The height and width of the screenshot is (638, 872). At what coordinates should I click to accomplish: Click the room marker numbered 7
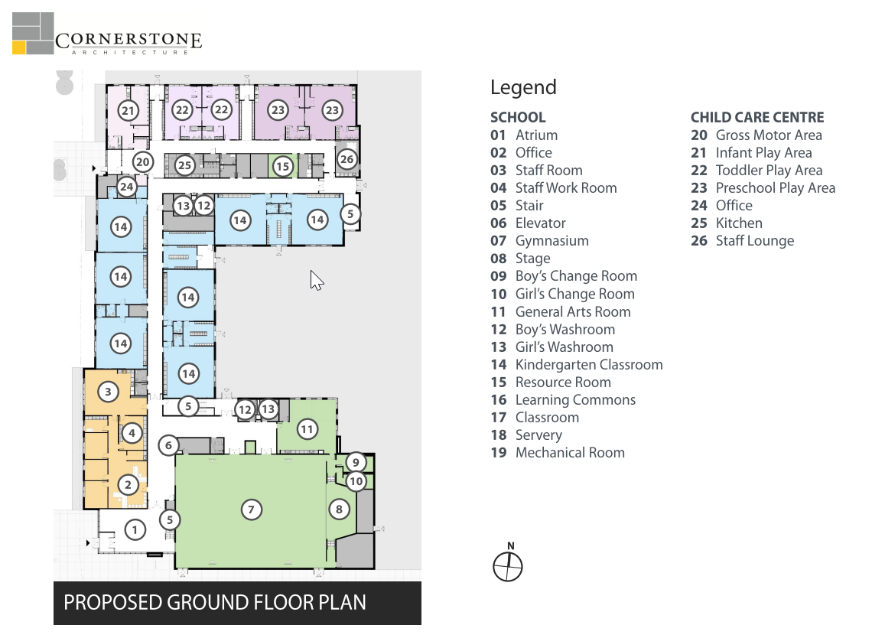tap(252, 509)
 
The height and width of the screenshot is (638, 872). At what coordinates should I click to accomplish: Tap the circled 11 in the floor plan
tap(307, 429)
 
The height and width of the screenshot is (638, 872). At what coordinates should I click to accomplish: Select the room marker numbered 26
tap(347, 159)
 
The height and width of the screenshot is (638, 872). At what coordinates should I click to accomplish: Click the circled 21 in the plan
tap(128, 110)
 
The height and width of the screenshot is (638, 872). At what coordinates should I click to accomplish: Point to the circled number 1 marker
tap(135, 529)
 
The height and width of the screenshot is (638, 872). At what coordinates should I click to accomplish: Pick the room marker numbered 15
tap(282, 166)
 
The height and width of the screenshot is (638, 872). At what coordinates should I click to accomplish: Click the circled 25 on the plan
tap(184, 164)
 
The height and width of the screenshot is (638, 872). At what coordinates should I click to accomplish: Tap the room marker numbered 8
tap(339, 509)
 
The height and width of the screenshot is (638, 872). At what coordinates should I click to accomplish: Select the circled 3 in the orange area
tap(108, 392)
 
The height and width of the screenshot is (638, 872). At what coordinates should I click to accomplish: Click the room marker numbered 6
tap(168, 445)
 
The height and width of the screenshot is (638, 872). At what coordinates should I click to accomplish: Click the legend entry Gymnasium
tap(552, 241)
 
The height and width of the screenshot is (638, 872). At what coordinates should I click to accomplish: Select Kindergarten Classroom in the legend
tap(589, 365)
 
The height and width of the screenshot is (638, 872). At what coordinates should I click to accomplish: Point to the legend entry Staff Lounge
tap(755, 241)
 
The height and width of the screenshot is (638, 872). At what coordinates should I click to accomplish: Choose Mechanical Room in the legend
tap(570, 453)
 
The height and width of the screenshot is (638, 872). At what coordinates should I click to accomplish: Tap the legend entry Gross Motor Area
tap(769, 135)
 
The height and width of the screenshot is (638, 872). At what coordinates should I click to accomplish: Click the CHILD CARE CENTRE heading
tap(757, 117)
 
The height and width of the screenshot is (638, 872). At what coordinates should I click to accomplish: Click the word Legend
tap(523, 87)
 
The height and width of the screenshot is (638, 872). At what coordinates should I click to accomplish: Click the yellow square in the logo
tap(19, 48)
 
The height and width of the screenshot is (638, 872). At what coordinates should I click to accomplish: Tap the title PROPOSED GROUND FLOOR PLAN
tap(215, 603)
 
